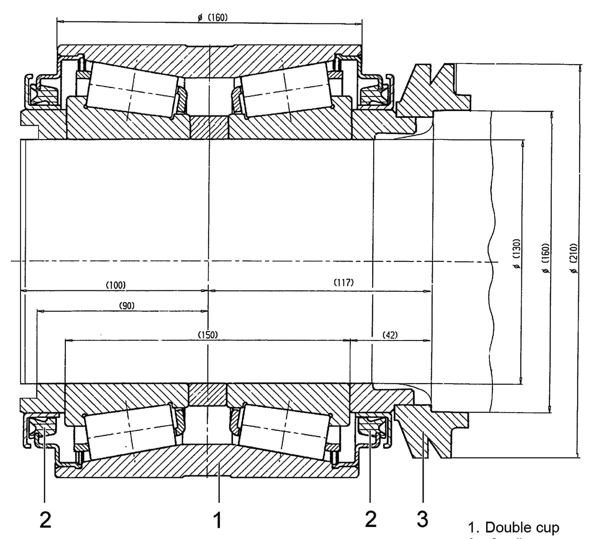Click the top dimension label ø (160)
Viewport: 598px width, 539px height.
point(213,18)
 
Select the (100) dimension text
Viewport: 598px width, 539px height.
point(116,285)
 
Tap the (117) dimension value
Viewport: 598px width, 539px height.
point(343,283)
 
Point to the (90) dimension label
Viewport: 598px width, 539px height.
point(127,306)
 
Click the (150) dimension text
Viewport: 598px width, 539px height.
point(207,335)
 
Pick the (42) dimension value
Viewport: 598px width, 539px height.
point(390,335)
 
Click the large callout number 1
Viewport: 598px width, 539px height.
point(217,520)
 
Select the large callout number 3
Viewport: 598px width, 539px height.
point(422,519)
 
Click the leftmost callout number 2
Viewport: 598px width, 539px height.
point(45,520)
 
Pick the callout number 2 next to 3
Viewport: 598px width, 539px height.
point(370,519)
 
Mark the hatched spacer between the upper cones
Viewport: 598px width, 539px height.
point(209,127)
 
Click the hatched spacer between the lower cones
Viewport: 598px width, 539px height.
point(207,395)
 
